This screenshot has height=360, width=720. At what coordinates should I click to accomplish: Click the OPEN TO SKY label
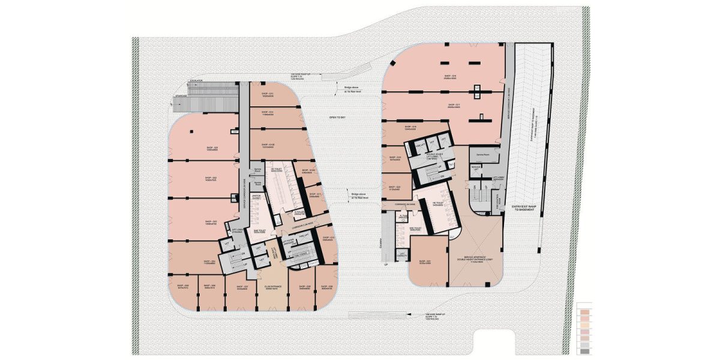338,118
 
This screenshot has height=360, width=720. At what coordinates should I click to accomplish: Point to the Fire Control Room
496,199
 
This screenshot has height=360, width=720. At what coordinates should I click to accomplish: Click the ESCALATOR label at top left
196,80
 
